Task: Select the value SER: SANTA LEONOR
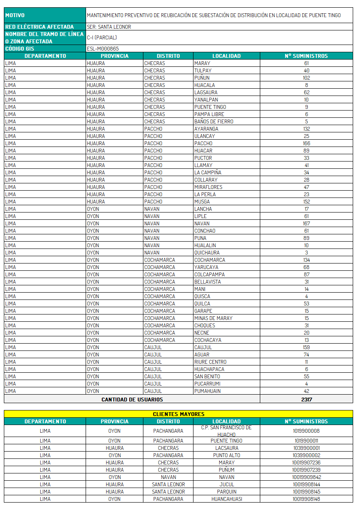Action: (109, 27)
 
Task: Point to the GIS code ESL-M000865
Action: (103, 49)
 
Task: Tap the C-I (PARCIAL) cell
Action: (102, 38)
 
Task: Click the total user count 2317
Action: (306, 399)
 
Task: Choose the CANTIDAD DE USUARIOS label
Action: (132, 399)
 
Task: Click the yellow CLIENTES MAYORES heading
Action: (179, 414)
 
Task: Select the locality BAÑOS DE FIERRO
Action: (214, 122)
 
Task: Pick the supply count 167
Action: (306, 224)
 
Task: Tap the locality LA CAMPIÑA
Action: (208, 173)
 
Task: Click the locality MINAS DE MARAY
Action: (213, 318)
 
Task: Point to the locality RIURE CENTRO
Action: (210, 362)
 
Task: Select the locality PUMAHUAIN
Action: (208, 391)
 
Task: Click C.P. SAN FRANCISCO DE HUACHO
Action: (226, 431)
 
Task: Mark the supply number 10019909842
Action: (306, 477)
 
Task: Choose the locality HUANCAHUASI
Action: (226, 499)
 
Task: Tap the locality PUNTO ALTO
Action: (226, 455)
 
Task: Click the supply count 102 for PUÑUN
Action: (306, 78)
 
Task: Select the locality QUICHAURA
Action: (207, 253)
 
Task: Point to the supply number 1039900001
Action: (306, 448)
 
